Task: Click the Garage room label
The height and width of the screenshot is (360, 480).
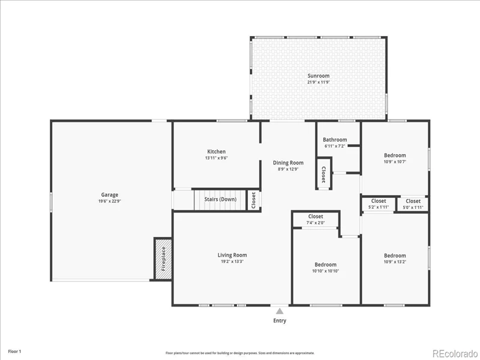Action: (x=110, y=194)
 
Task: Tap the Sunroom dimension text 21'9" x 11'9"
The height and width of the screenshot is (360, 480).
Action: (x=319, y=82)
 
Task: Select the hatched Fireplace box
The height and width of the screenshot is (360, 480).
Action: (x=163, y=259)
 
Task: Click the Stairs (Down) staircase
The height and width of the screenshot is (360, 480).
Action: (x=220, y=200)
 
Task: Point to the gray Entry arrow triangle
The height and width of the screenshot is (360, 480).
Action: (x=280, y=311)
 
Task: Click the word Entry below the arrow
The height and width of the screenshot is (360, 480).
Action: (x=280, y=320)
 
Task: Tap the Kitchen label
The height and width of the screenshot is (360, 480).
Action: (x=217, y=152)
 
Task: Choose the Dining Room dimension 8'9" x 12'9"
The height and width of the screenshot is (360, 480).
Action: (x=288, y=169)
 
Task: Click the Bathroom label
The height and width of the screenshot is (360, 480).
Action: (x=335, y=140)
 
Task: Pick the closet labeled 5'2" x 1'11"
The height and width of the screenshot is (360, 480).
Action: (x=379, y=204)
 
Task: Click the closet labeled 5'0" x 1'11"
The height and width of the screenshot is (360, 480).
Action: (x=413, y=204)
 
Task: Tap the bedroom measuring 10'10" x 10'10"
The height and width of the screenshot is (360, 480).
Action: (x=325, y=268)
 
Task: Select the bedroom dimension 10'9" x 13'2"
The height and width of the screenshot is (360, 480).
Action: (x=395, y=262)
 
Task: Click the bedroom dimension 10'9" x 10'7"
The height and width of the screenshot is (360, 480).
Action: (x=395, y=161)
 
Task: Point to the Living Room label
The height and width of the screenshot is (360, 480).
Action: (x=232, y=255)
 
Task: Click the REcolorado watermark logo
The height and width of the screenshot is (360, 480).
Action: (x=455, y=354)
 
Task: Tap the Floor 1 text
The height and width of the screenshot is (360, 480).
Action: (x=14, y=352)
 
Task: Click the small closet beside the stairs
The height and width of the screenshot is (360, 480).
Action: (x=253, y=200)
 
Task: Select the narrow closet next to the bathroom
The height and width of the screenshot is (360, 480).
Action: (x=323, y=174)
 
